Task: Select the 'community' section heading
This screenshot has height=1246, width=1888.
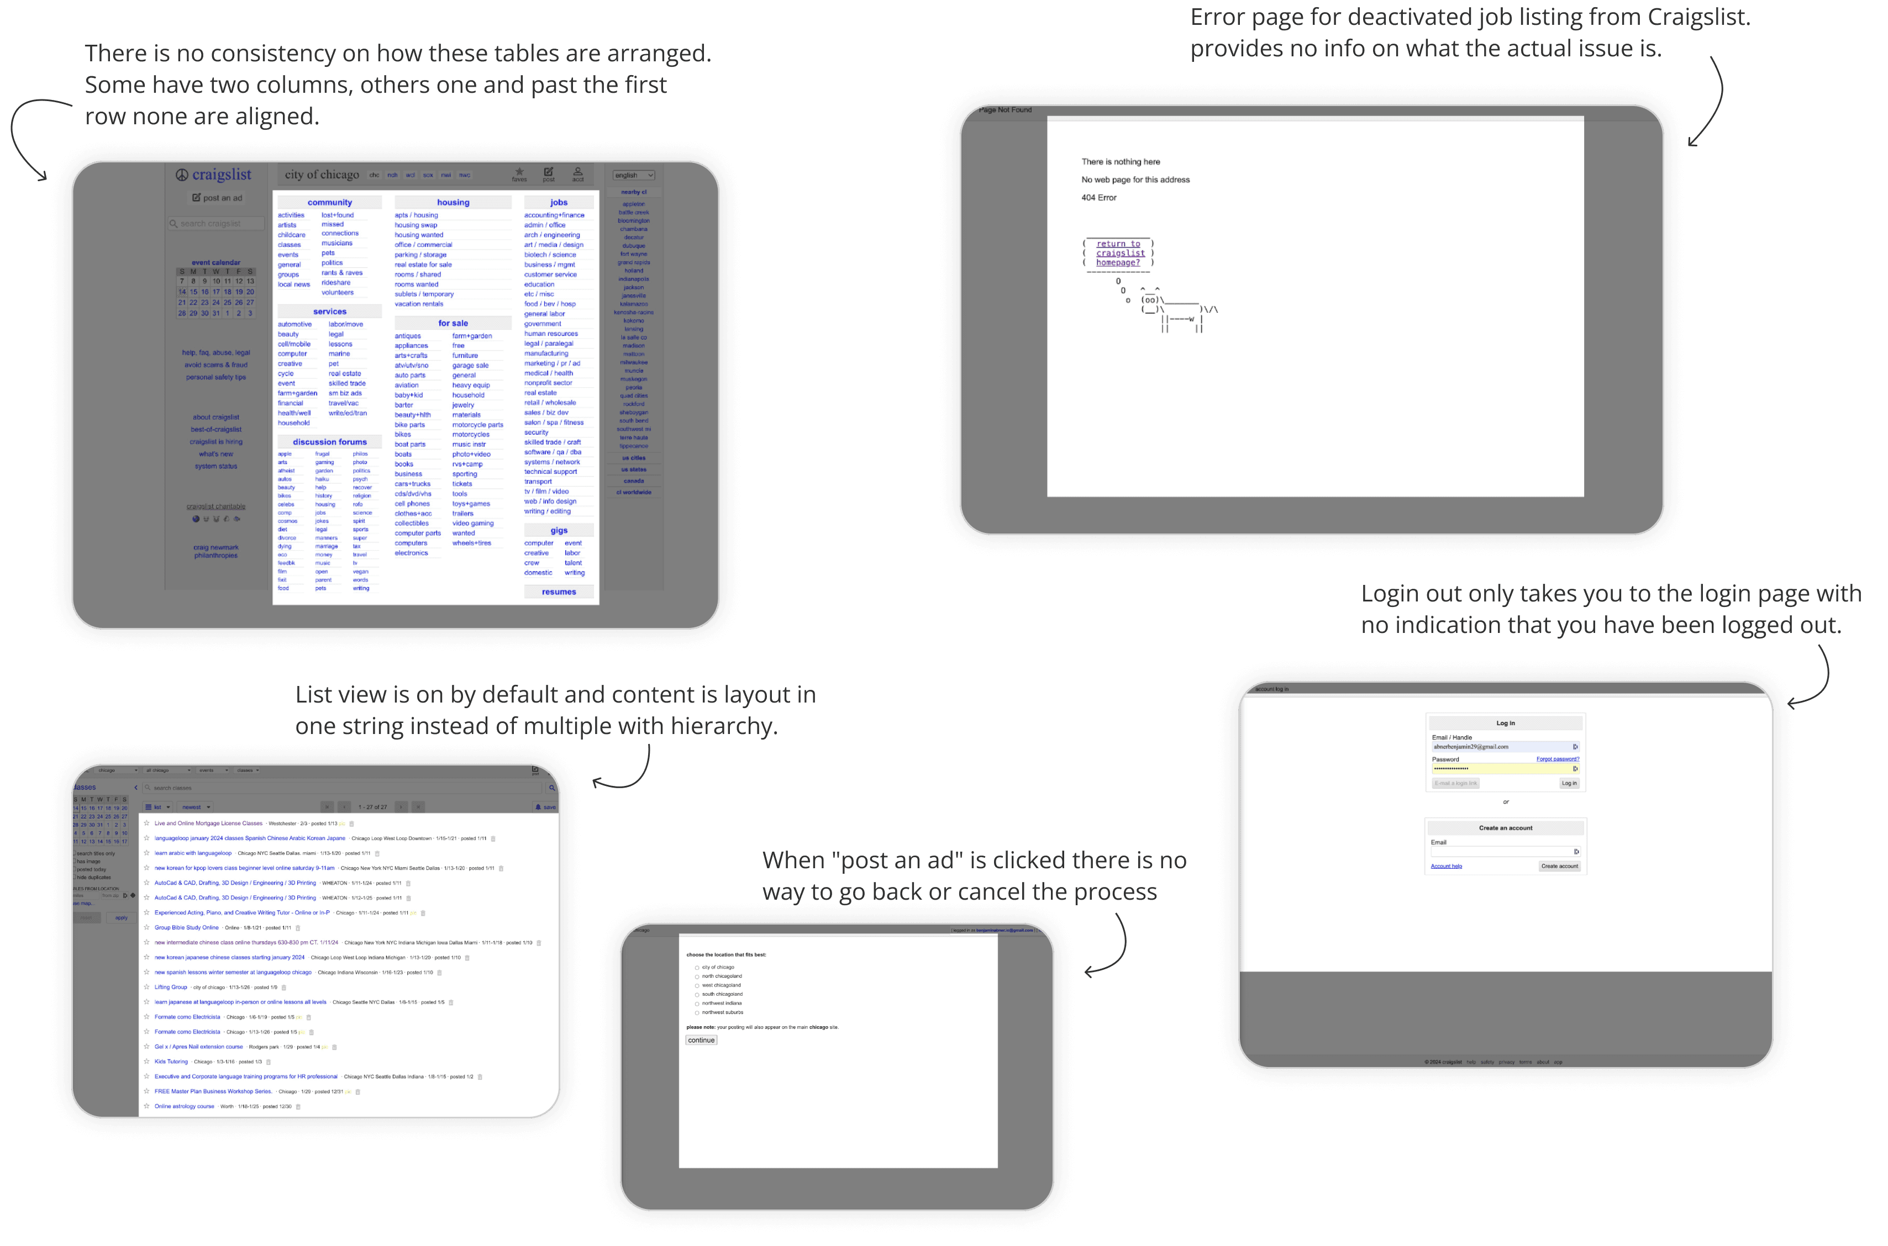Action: [329, 203]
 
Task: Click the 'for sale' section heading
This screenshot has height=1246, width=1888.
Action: [453, 324]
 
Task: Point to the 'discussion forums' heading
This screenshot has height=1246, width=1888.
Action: [329, 442]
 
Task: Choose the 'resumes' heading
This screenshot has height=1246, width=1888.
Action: [559, 592]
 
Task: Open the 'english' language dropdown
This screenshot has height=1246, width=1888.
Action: [634, 175]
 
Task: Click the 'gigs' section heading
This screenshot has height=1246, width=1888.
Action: [559, 531]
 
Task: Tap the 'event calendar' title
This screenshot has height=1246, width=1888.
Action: [215, 262]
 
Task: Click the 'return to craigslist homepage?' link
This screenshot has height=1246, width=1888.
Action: [1118, 254]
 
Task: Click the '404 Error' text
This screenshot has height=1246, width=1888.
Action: [1098, 198]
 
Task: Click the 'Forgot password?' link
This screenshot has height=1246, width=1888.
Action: [1557, 759]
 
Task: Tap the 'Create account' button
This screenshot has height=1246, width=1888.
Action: [1559, 866]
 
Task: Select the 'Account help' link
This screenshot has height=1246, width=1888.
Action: [1446, 866]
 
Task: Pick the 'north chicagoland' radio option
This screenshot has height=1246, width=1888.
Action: [697, 976]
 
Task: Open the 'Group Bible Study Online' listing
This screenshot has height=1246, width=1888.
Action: [187, 927]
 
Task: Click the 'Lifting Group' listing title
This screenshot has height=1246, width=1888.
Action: [171, 987]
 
